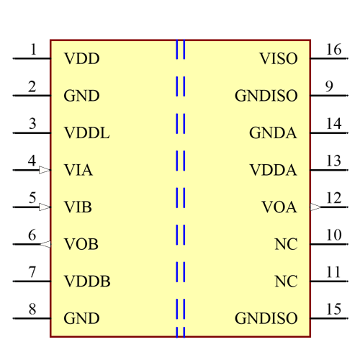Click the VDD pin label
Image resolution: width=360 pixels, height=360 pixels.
[81, 59]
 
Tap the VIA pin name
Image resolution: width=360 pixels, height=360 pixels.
[78, 171]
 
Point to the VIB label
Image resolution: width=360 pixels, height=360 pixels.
[78, 207]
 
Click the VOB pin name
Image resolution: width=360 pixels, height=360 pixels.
[81, 245]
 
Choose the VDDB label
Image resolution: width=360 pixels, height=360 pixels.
[87, 282]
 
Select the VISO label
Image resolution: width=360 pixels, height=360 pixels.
[278, 59]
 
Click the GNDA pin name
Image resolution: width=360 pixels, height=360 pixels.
[273, 133]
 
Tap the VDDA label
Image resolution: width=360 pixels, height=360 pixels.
[273, 171]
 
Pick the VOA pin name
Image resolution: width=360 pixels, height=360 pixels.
[279, 207]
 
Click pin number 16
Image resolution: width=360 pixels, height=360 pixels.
[333, 50]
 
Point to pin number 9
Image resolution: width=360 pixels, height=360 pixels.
[329, 86]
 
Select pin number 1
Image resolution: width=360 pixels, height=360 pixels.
[33, 50]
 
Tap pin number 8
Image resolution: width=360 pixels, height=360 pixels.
[32, 310]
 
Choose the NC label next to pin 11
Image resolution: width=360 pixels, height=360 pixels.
[286, 282]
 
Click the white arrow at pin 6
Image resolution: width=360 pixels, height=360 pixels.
[45, 245]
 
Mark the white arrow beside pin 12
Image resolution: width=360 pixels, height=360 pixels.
[315, 207]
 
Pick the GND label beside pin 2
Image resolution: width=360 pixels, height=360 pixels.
[81, 96]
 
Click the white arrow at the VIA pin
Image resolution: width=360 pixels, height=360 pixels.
[45, 171]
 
